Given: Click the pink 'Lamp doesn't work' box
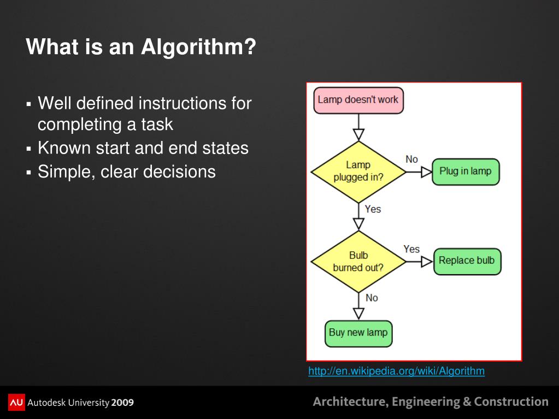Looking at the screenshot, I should coord(358,100).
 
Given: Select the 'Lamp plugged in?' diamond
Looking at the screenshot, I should coord(358,171).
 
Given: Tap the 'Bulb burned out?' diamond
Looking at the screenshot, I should coord(358,261).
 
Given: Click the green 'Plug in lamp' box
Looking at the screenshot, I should coord(466,172).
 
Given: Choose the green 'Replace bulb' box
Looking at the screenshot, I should coord(467,261).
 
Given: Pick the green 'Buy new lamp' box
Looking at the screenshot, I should coord(358,333).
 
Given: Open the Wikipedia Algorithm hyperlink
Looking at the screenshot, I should coord(396,371).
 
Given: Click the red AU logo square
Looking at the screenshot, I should coord(16,403).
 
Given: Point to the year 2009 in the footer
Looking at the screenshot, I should coord(122,403).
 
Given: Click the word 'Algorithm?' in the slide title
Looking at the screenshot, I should coord(198,47).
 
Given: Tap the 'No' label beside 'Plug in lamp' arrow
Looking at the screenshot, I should coord(411,159).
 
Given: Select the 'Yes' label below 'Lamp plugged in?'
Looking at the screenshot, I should coord(373,209).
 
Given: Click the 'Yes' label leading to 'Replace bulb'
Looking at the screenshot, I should coord(411,249).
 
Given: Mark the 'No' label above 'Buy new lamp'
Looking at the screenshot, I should coord(372,298).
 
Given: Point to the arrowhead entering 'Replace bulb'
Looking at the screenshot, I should coord(427,262).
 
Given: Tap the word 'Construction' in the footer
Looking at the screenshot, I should coord(511,402).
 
